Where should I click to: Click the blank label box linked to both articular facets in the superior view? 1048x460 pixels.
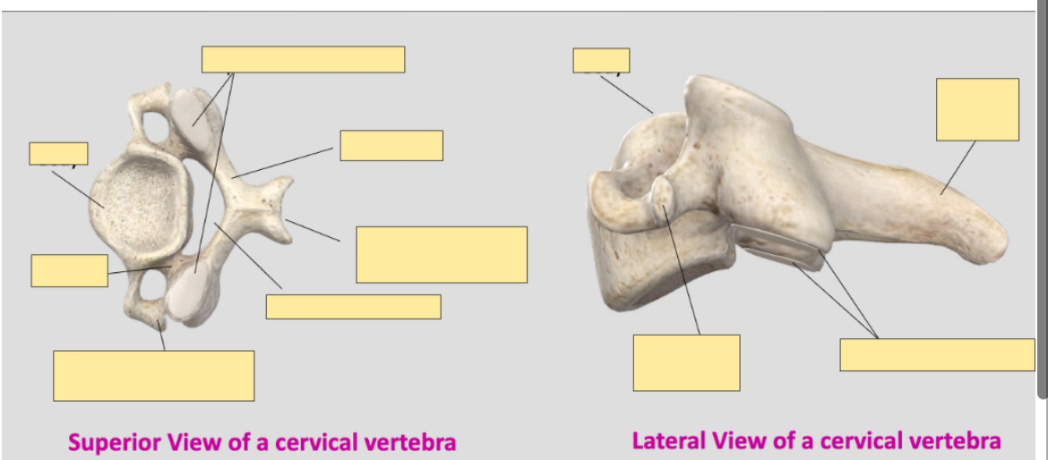pyautogui.click(x=303, y=59)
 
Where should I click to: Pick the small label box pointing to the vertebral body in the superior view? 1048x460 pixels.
pyautogui.click(x=58, y=153)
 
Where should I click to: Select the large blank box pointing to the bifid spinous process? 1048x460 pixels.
pyautogui.click(x=441, y=254)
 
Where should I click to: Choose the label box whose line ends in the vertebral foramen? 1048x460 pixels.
pyautogui.click(x=353, y=306)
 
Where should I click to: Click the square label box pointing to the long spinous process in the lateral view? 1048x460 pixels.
pyautogui.click(x=977, y=109)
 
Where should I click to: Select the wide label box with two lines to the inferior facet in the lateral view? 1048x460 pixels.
pyautogui.click(x=937, y=354)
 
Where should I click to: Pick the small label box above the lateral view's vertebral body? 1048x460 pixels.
pyautogui.click(x=601, y=60)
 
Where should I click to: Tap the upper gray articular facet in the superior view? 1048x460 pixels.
pyautogui.click(x=193, y=112)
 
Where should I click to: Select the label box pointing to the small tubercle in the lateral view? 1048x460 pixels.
pyautogui.click(x=686, y=362)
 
